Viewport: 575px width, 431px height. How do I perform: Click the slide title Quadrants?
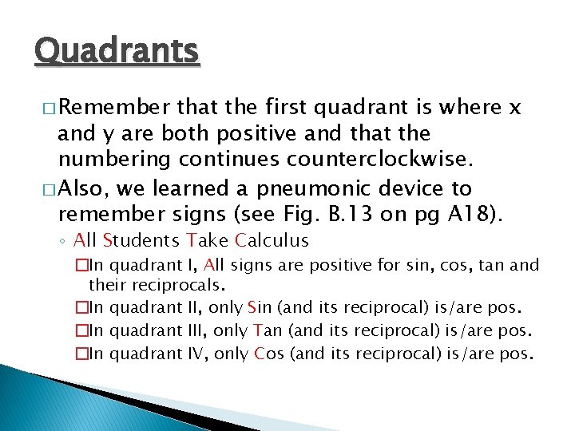(117, 52)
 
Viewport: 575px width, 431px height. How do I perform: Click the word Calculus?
(272, 240)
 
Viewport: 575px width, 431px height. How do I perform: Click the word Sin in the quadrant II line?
(260, 308)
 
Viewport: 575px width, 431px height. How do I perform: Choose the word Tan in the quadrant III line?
(264, 330)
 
